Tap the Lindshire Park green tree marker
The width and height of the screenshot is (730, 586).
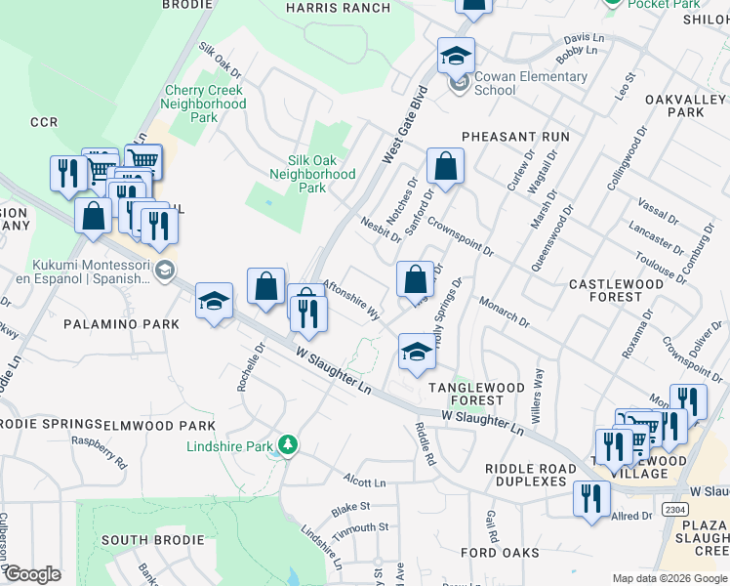(287, 445)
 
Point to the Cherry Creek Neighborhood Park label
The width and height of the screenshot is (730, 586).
(203, 104)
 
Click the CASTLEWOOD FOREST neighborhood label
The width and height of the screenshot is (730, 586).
(616, 291)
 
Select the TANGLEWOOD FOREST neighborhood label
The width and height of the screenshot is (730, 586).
(477, 394)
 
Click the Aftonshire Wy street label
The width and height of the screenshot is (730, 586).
(350, 299)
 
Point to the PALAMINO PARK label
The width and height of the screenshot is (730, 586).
(122, 323)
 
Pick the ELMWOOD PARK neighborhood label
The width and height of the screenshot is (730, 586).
(159, 426)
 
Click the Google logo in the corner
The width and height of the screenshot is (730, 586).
(32, 574)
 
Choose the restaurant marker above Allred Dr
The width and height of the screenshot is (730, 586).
(591, 499)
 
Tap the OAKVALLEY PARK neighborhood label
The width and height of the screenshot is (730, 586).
(674, 105)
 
